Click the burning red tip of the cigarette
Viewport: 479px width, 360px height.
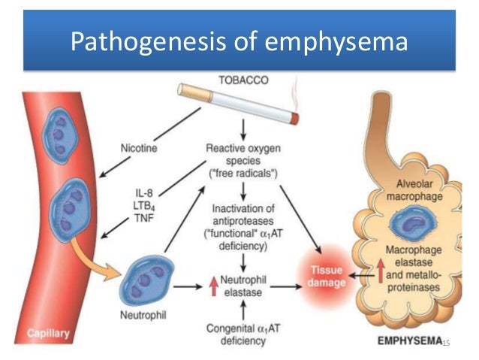(x=294, y=118)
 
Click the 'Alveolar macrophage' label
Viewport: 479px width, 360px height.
(x=413, y=192)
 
